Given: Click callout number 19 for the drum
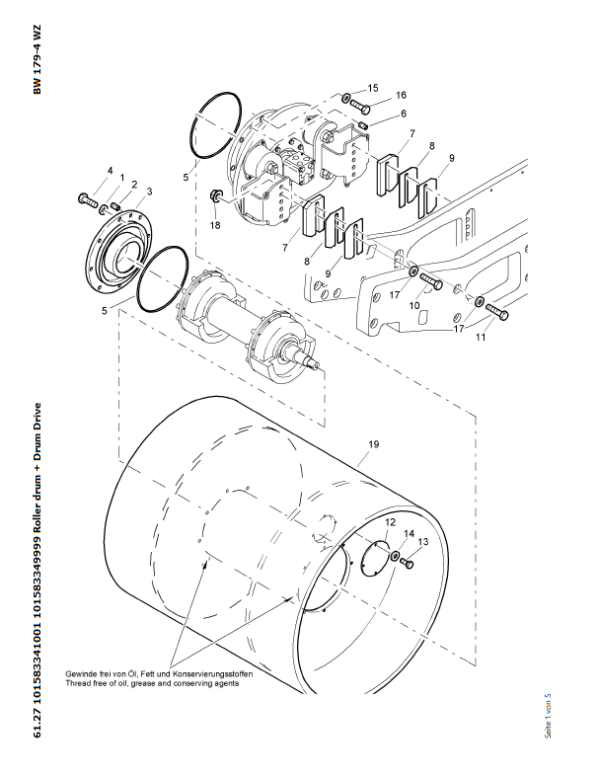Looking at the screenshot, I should point(373,445).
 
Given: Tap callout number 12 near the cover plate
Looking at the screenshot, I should point(390,521).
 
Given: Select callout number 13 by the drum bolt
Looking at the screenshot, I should point(422,542).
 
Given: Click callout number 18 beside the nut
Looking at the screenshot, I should point(215,225).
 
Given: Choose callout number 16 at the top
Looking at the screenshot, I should point(402,95).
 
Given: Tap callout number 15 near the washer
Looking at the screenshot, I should point(373,89).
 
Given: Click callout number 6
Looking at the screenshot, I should point(403,115).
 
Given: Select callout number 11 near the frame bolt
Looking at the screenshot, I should point(481,337).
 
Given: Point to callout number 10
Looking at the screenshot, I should point(415,307).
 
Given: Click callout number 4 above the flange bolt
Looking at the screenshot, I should point(110,171).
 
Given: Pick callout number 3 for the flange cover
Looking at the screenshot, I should point(149,192).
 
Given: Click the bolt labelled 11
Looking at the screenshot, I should point(496,314).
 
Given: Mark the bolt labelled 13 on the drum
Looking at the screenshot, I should point(411,566).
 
